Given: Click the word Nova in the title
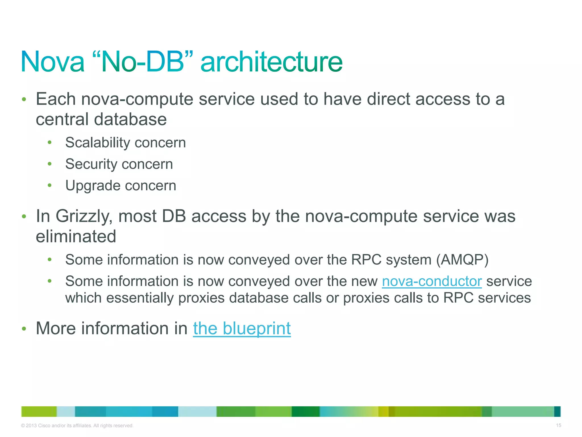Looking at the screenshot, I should coord(53,62).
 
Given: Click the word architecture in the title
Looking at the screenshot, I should coord(271,62).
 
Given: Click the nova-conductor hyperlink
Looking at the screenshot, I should coord(432,281).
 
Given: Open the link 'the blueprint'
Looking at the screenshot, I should coord(242,328).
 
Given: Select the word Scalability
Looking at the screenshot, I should coord(93,143).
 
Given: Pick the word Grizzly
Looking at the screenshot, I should coord(82,216).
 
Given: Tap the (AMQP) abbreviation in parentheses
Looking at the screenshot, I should coord(462,260).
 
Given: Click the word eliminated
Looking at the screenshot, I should coord(76,236).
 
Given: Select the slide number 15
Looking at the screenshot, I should coord(558,425).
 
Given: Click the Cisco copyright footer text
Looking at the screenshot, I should coord(77,426).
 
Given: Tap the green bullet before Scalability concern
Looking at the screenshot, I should coord(50,142).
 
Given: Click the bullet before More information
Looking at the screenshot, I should coord(24,329).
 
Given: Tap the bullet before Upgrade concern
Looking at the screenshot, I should coord(50,185).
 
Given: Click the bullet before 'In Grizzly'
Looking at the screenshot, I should coord(24,217).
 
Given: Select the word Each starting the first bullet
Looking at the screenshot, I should coord(56,99).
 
